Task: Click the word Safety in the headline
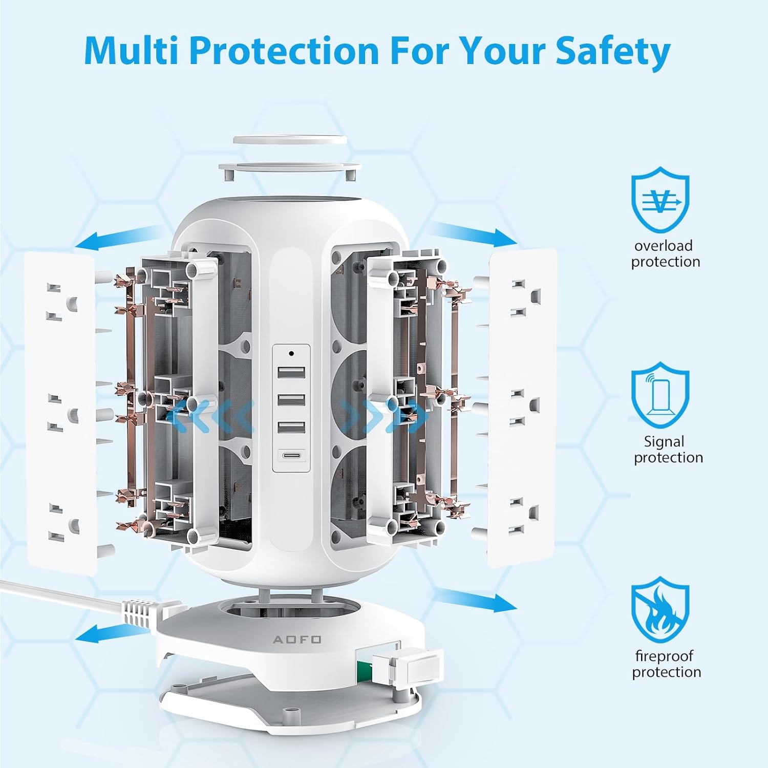coord(613,51)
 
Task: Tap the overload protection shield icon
coord(660,200)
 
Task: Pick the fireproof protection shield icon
coord(660,609)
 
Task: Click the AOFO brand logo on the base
coord(297,639)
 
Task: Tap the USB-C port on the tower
coord(292,455)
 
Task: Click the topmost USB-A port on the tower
coord(292,372)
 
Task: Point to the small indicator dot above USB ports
coord(291,353)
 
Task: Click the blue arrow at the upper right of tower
coord(473,233)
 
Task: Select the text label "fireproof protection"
coord(665,664)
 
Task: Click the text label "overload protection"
coord(665,253)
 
